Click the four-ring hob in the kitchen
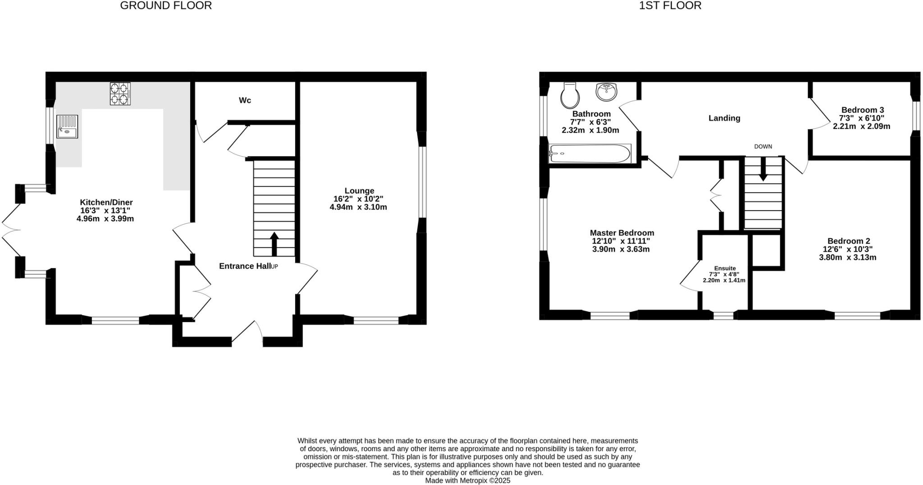coord(120,94)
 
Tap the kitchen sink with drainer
coord(67,126)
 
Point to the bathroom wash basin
coord(607,92)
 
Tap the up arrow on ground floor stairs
coord(274,244)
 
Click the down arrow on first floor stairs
coord(763,169)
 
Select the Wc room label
coord(245,100)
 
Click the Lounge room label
coord(359,191)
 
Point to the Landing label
coord(724,118)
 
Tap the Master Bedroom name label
coord(622,233)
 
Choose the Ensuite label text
coord(725,268)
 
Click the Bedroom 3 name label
coord(863,110)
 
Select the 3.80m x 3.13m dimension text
coord(847,258)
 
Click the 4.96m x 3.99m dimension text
coord(105,219)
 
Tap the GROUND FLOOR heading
coord(166,6)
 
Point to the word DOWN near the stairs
coord(763,147)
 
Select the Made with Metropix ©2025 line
coord(467,481)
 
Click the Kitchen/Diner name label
coord(106,203)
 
